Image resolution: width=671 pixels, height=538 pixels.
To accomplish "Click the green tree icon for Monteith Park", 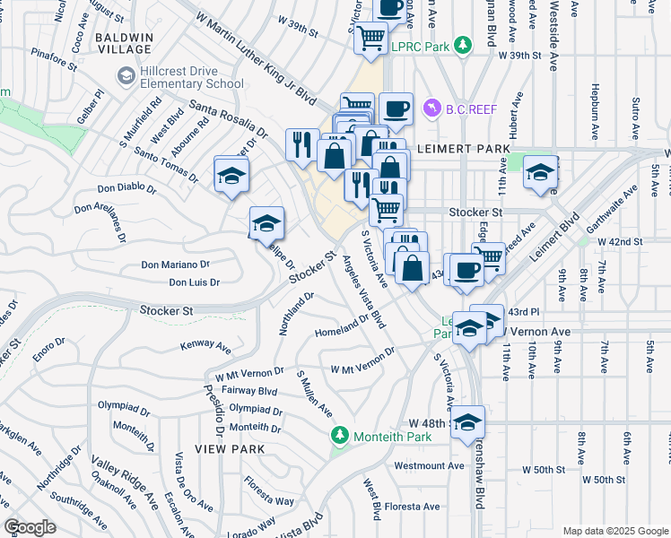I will (x=339, y=437).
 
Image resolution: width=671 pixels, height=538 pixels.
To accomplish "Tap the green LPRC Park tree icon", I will (x=462, y=44).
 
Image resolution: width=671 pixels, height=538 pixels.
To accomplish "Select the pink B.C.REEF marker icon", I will (x=433, y=108).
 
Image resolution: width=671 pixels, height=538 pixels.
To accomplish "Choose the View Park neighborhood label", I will (x=225, y=447).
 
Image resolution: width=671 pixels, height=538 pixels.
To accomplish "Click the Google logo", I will (x=30, y=526).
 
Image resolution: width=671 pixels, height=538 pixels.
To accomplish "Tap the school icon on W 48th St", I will (x=467, y=421).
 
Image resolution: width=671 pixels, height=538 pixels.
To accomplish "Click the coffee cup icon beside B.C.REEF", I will (x=396, y=109).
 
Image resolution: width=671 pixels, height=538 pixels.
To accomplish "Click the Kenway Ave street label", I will (x=205, y=345).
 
